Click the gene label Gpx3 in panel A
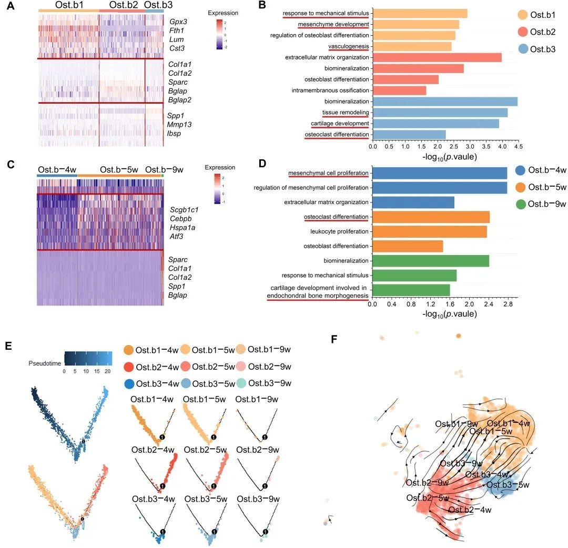click(177, 22)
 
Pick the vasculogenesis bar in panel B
click(412, 46)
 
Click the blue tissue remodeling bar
click(440, 113)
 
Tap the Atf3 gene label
click(177, 237)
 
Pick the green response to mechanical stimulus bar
click(414, 275)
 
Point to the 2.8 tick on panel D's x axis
click(507, 303)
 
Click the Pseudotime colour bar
click(88, 359)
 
